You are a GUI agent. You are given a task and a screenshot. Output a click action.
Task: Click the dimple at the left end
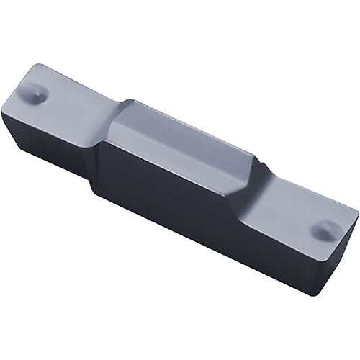point(34,91)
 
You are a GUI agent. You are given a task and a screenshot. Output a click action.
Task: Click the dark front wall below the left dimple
point(43,144)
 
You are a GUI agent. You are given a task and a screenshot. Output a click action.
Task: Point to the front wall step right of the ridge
point(249,216)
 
